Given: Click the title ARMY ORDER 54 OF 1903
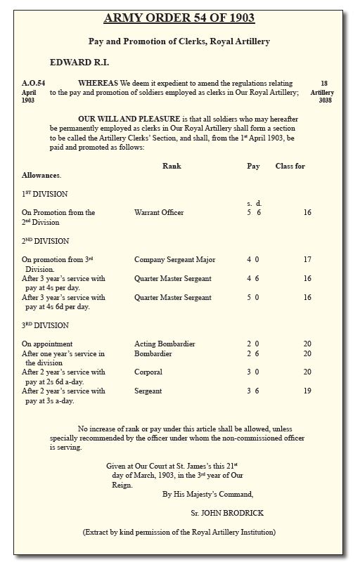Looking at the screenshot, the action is [179, 18].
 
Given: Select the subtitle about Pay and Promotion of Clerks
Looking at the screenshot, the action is [179, 41].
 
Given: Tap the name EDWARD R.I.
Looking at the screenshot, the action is [79, 63].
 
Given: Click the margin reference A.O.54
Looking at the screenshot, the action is [33, 83].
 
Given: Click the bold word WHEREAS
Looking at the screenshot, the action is [98, 83].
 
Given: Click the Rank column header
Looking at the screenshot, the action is [172, 167].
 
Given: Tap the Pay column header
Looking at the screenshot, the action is [253, 167].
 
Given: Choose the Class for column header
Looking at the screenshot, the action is [290, 167].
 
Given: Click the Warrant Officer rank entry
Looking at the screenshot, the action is [159, 212].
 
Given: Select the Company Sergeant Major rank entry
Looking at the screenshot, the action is [174, 260].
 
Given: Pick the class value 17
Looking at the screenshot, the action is [307, 260].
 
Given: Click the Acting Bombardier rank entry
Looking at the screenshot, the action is [165, 344].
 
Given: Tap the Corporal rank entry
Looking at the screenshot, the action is [148, 372].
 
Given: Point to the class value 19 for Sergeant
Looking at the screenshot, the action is [307, 391].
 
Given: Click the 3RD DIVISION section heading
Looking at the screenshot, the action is [45, 325].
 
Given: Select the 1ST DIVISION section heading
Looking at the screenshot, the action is [44, 194].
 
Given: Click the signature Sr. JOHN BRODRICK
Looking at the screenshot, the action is [227, 513].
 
